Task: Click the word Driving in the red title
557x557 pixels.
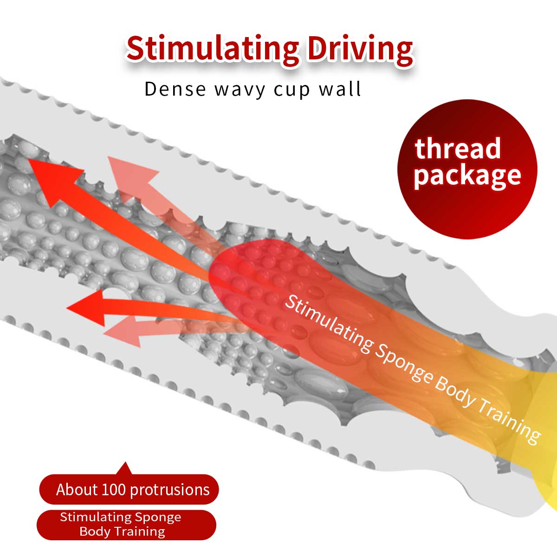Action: click(360, 49)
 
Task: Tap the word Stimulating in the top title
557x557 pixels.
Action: click(213, 49)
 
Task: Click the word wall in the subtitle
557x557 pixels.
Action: click(340, 89)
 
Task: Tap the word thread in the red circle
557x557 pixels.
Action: click(458, 149)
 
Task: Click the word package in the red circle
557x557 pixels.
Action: click(467, 175)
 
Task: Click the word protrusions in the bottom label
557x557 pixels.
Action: click(170, 490)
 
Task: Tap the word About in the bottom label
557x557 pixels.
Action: click(77, 490)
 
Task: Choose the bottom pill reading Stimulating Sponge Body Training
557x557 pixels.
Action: click(126, 525)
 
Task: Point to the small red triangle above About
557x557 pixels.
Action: click(124, 468)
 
